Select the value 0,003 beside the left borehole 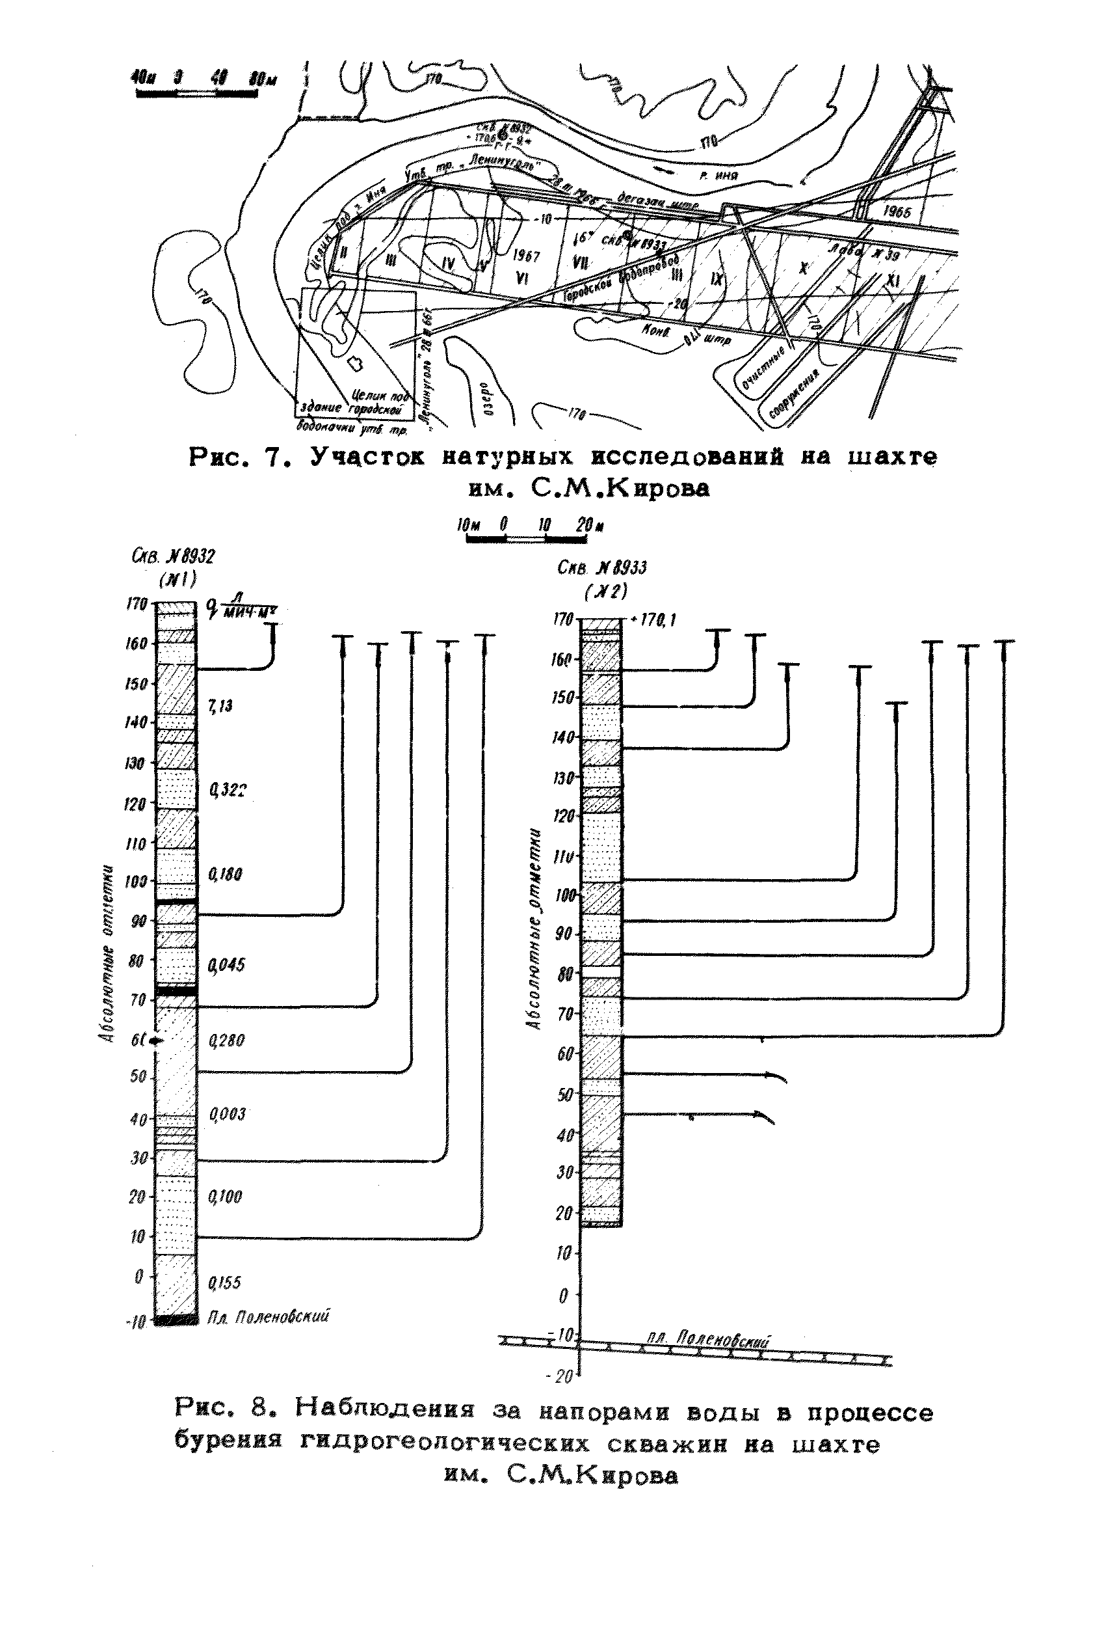226,1114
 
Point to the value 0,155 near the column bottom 224,1283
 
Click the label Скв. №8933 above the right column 601,567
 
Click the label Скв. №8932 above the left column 173,556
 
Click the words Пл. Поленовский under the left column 268,1317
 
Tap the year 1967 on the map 525,256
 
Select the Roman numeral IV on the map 448,264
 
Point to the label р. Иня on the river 718,175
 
